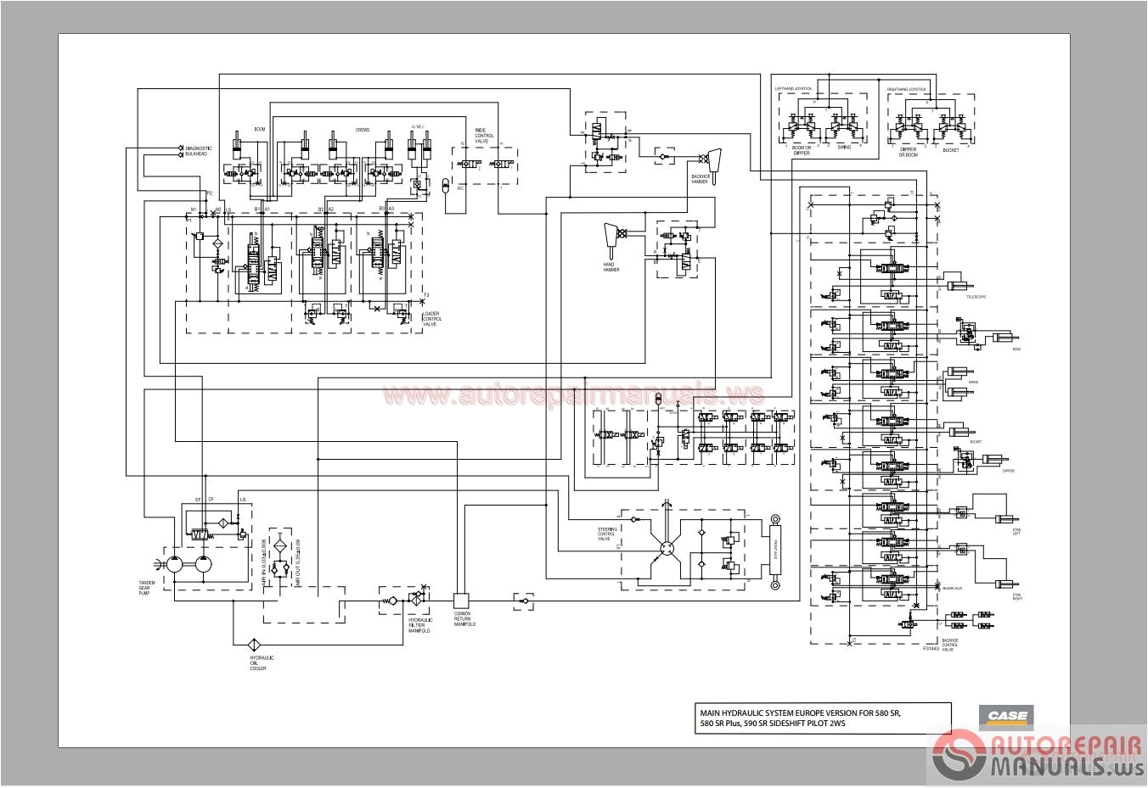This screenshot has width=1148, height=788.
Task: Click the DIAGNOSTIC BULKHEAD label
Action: coord(199,151)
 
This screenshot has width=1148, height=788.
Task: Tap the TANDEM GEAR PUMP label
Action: coord(150,587)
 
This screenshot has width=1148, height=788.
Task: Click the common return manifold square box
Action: coord(462,600)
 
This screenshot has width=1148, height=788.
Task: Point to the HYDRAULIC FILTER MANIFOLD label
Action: coord(420,625)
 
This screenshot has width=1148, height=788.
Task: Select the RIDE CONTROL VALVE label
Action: coord(483,136)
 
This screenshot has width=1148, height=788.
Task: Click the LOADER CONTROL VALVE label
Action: coord(430,318)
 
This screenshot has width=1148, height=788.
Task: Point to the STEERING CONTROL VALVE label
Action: coord(608,534)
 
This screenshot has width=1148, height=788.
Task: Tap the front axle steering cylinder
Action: coord(774,551)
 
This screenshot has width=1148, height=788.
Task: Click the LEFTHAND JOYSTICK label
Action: coord(793,88)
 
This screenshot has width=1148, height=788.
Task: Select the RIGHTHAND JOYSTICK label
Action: coord(906,88)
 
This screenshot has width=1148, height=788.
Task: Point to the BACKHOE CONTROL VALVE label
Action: coord(949,645)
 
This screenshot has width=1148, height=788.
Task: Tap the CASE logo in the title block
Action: coord(1006,717)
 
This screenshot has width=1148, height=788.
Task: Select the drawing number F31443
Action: coord(931,648)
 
